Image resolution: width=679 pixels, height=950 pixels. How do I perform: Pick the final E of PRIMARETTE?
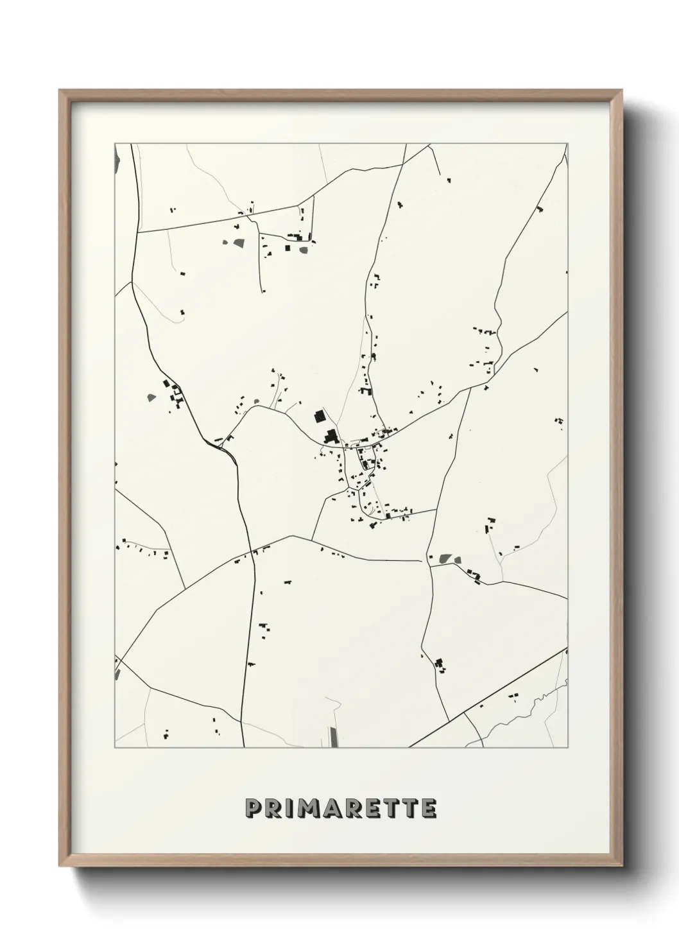[429, 809]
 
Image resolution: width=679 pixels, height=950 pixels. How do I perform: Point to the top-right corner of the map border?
[567, 143]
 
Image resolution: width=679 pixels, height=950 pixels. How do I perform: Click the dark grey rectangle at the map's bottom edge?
[332, 738]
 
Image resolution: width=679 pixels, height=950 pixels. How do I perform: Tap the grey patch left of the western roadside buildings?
[151, 397]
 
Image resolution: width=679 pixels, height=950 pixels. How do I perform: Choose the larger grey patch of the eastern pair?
[443, 559]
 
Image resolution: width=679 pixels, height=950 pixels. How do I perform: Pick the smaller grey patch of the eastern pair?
[458, 559]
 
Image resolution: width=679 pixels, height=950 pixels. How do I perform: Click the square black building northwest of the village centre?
[318, 416]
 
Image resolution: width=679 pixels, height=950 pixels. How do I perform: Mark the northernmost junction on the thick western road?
[138, 232]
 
